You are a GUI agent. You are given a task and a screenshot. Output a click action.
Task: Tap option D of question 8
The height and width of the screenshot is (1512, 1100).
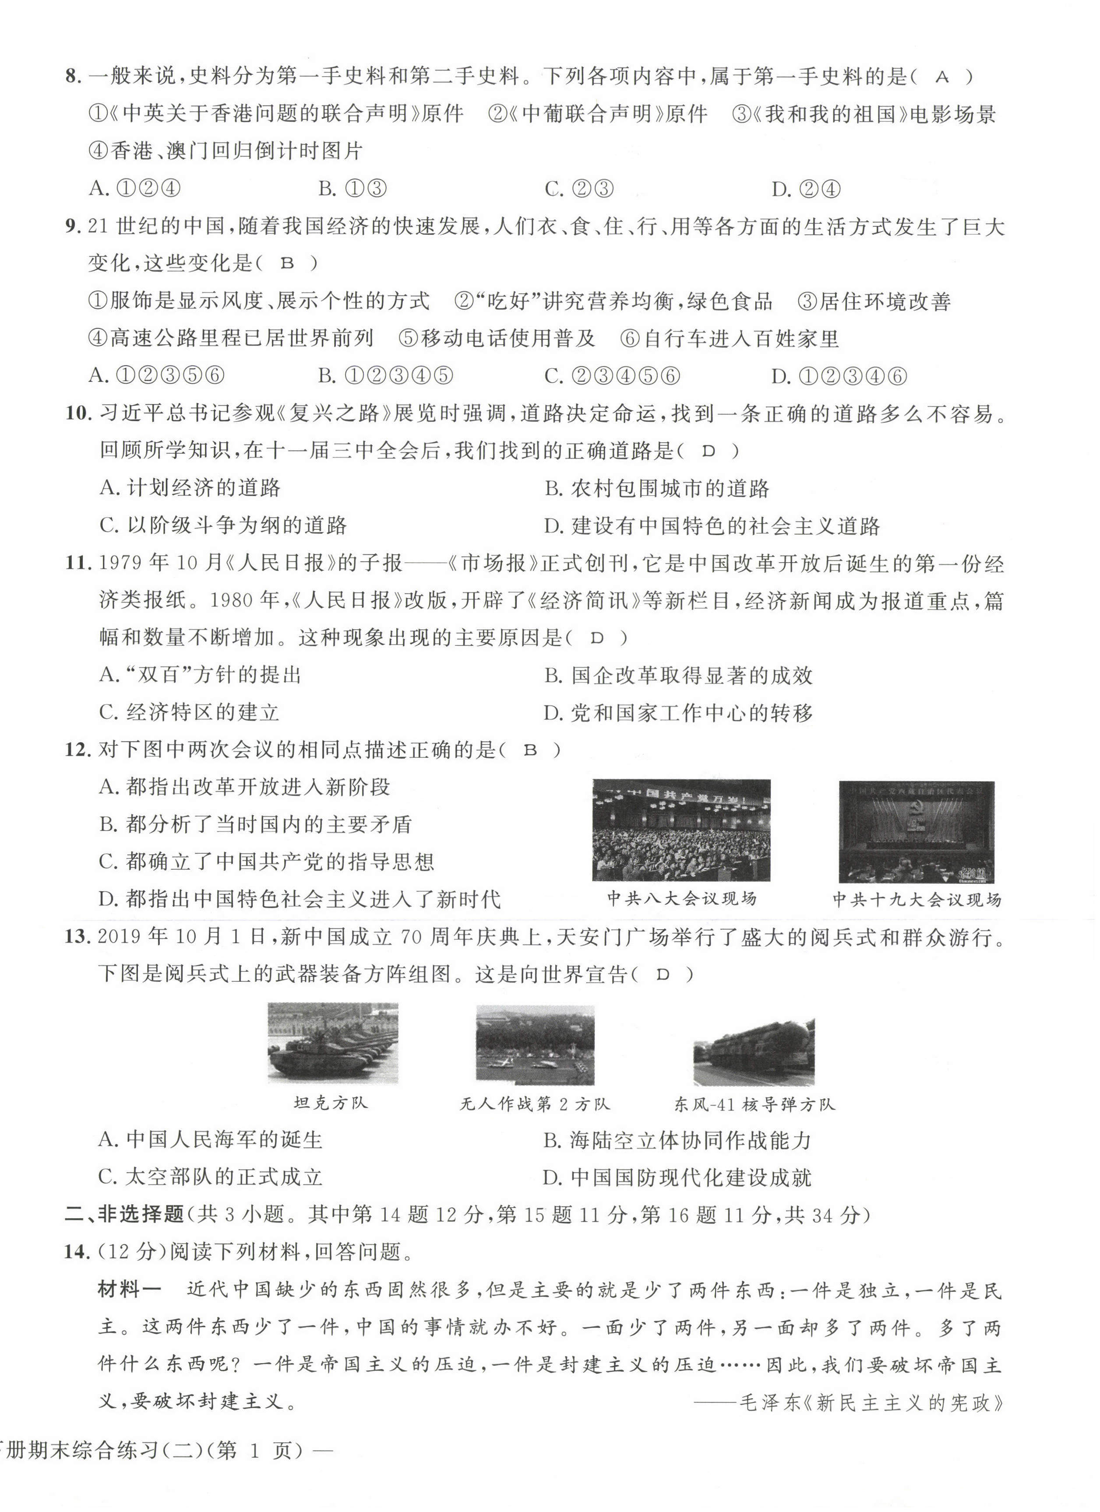point(806,189)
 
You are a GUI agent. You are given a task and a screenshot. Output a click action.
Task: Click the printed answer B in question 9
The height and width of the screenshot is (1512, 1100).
point(287,264)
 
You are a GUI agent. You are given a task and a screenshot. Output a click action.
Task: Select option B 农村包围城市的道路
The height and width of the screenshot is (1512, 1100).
point(657,489)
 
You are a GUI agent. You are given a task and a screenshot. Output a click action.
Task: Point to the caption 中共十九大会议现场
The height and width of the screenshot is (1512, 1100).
point(917,900)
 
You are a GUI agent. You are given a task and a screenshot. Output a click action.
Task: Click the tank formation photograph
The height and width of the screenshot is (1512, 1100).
point(333,1044)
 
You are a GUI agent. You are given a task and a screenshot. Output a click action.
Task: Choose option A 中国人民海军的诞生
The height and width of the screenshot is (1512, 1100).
point(211,1139)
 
